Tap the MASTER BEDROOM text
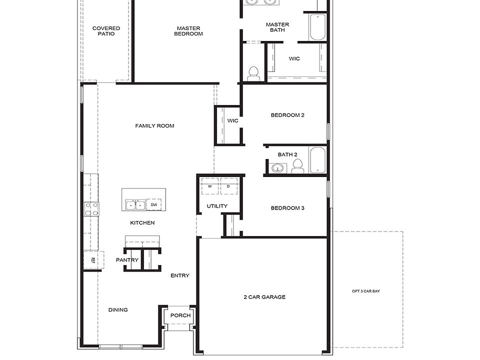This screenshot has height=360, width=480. tap(188, 31)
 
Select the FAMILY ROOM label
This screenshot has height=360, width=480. tap(154, 126)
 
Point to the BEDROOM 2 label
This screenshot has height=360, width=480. tap(287, 115)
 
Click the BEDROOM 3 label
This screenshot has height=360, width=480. tap(287, 208)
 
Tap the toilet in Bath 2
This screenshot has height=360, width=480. tap(297, 166)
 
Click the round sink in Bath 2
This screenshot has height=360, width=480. tap(277, 168)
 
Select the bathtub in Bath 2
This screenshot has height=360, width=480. tap(317, 159)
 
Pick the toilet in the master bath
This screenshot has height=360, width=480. tap(253, 73)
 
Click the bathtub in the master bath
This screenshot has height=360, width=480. tap(317, 27)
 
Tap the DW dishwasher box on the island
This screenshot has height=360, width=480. tap(154, 205)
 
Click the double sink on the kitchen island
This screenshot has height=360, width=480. tap(135, 205)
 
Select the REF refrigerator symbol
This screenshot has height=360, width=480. tap(93, 260)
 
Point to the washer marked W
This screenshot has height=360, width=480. tap(209, 186)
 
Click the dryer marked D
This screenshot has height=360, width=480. tap(228, 186)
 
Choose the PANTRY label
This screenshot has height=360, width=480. tap(127, 260)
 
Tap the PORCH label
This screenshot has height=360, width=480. tap(180, 315)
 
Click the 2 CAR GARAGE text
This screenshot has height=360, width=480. tap(264, 297)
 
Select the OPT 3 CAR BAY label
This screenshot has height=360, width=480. tap(368, 291)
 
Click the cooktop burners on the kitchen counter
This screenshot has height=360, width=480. tap(91, 208)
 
